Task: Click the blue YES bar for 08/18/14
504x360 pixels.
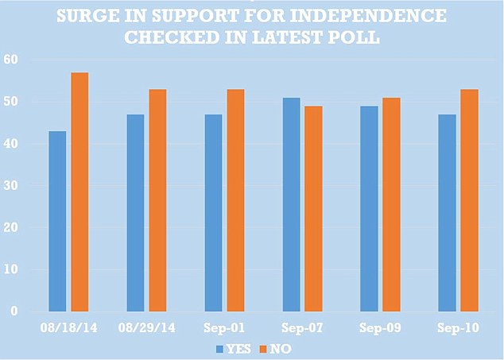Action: tap(57, 221)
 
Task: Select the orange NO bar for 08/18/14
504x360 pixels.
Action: tap(79, 192)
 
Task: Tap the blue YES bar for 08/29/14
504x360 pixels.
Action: tap(135, 212)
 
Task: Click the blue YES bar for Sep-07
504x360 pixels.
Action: tap(291, 204)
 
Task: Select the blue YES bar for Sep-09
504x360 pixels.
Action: tap(369, 208)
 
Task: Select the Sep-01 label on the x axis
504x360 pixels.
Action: tap(225, 328)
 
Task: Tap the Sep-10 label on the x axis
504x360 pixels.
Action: tap(459, 328)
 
